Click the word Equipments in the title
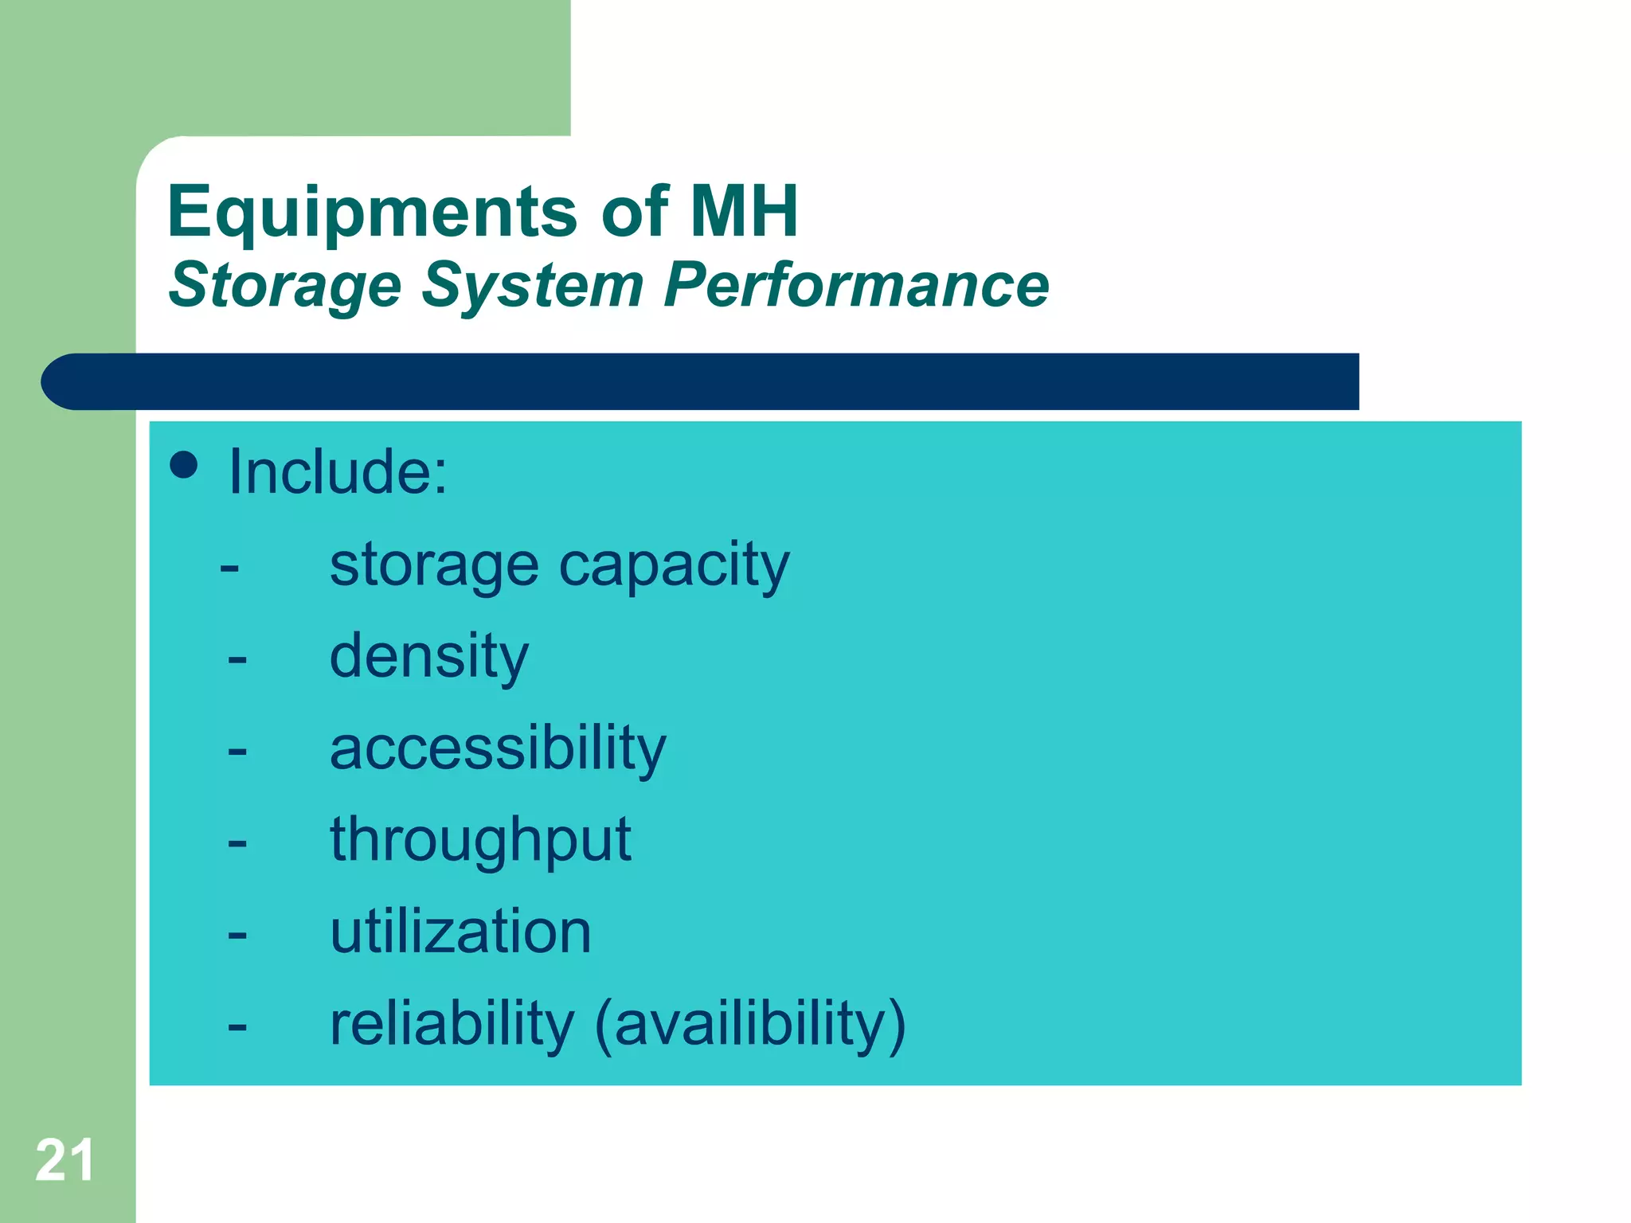(372, 212)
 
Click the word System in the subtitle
(532, 285)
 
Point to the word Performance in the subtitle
(856, 284)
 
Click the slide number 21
(65, 1160)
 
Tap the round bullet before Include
(184, 465)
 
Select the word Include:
(338, 471)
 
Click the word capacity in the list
(674, 566)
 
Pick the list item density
(429, 657)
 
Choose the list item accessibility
(498, 748)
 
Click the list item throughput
(480, 840)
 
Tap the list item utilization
(460, 932)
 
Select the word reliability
(452, 1023)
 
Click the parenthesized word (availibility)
(750, 1024)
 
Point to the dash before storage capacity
(229, 568)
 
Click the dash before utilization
(237, 934)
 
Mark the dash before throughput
(237, 842)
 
